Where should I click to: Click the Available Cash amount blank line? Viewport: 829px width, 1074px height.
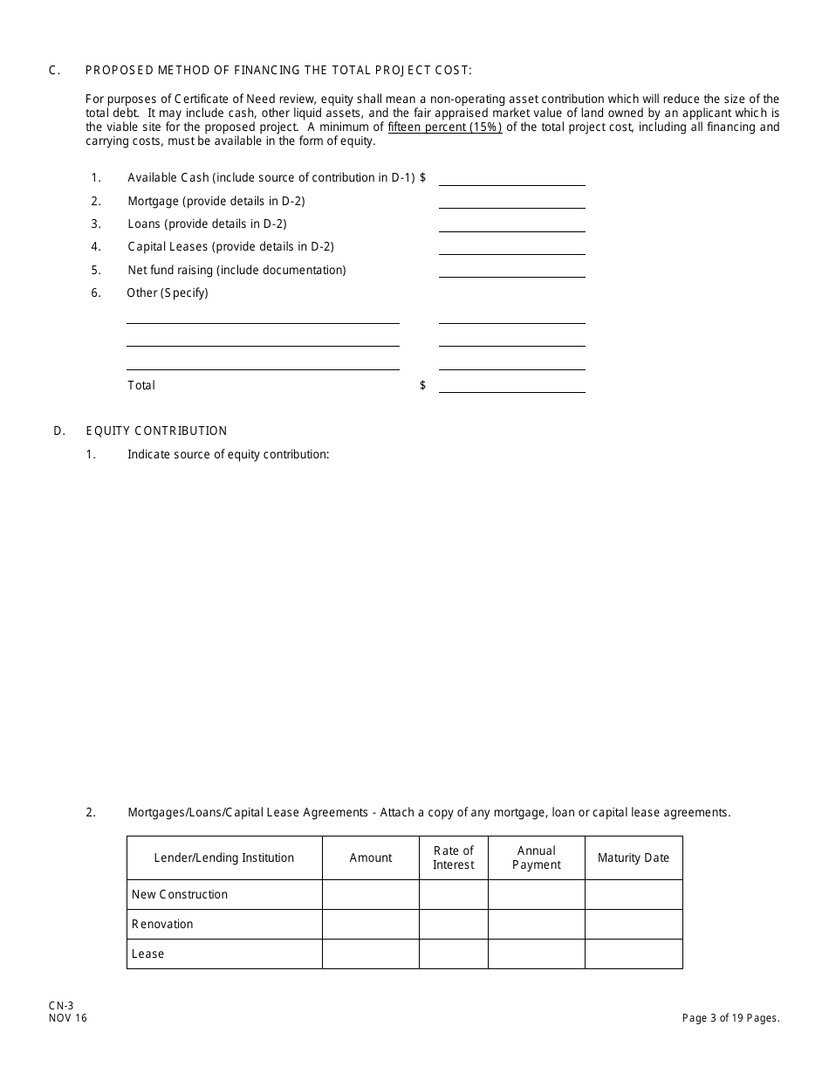pos(511,179)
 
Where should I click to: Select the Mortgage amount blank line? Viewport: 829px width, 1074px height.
pos(511,202)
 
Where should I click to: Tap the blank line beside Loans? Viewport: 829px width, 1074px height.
pos(511,225)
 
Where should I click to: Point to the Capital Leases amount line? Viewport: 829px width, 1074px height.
pos(511,248)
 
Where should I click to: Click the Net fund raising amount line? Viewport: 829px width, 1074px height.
pos(511,271)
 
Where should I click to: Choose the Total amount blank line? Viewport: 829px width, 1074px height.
pos(511,386)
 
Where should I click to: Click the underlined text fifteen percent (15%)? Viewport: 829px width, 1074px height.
pos(445,127)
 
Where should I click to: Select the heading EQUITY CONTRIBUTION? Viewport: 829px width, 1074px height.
pos(156,430)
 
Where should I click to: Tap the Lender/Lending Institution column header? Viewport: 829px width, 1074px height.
pos(224,858)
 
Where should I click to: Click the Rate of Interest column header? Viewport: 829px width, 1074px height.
pos(454,858)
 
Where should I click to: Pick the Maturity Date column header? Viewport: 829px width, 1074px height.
pos(634,858)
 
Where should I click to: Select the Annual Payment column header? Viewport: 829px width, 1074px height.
pos(537,858)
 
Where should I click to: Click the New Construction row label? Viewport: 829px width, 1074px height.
pos(180,895)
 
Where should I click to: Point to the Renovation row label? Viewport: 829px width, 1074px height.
pos(162,925)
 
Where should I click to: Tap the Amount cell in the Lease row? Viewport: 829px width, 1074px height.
pos(371,954)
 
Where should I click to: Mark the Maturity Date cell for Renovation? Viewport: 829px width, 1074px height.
pos(634,925)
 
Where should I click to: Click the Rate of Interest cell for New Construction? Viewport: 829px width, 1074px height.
pos(454,895)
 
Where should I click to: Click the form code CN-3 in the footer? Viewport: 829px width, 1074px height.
pos(61,1006)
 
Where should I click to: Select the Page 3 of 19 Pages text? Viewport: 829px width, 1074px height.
pos(730,1018)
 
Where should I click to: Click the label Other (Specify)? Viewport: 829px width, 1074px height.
pos(168,293)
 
